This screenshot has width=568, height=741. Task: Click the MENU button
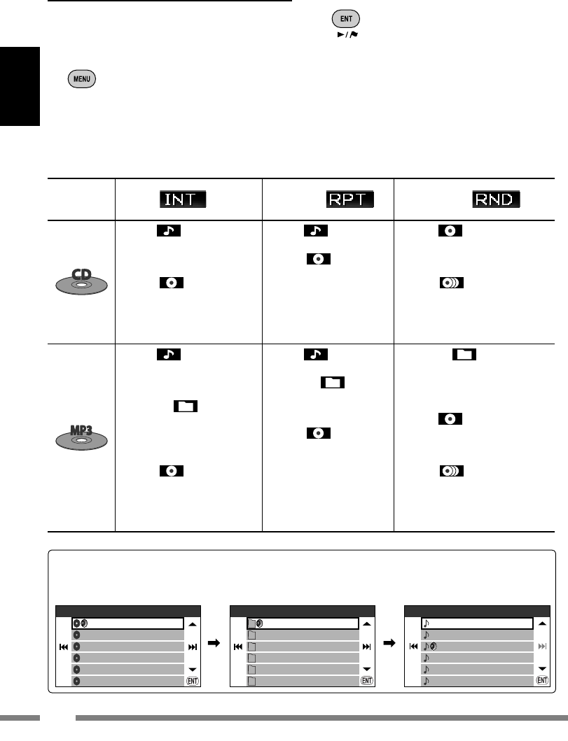coord(83,78)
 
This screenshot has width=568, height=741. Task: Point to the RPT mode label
coord(349,199)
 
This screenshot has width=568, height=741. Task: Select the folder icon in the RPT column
coord(333,383)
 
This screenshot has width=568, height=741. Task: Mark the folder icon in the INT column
coord(186,406)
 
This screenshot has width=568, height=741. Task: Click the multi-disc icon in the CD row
coord(451,283)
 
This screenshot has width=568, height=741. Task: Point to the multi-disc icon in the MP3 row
coord(451,471)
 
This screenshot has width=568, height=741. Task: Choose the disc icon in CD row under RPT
coord(318,259)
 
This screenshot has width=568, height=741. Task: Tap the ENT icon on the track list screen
coord(541,679)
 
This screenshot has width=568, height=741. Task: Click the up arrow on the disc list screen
coord(193,623)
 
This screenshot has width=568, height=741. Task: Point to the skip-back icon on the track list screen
coord(413,647)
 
